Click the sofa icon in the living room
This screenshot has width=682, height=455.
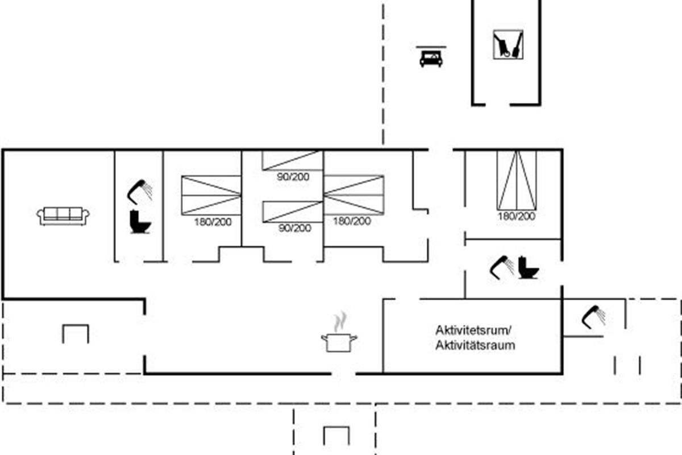pos(63,215)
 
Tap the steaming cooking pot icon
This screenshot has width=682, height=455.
pos(339,337)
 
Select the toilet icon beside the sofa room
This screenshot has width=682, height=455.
pos(140,221)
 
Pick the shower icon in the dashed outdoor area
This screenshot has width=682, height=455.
pos(593,317)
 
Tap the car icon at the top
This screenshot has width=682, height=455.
pos(431,58)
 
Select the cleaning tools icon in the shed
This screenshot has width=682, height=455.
pos(508,44)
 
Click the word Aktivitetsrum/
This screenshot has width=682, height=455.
pos(474,330)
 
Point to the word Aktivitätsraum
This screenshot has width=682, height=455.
pos(475,345)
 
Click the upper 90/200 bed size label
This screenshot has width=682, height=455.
pos(293,177)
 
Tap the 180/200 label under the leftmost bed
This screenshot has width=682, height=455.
pos(212,222)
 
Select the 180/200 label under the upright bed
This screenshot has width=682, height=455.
pos(517,216)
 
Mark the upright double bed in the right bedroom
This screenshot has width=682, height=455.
pos(517,180)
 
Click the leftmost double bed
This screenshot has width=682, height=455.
pos(211,195)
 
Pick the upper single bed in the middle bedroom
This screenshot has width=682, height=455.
pos(293,160)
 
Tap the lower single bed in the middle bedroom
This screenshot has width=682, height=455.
pos(293,212)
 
